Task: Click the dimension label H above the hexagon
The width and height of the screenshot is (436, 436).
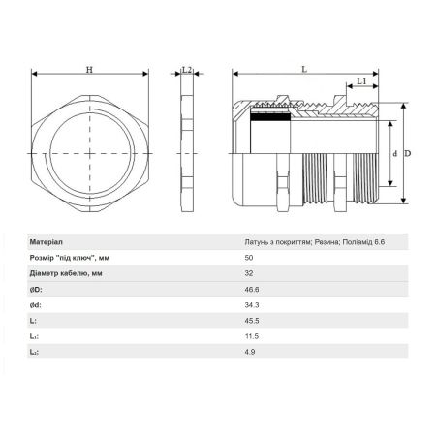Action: click(x=89, y=70)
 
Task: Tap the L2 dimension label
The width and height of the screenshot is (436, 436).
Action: click(x=187, y=70)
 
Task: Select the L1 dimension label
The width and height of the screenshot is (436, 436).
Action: click(x=361, y=81)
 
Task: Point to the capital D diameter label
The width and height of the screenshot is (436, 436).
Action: click(x=408, y=153)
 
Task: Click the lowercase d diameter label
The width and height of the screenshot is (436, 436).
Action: click(x=394, y=154)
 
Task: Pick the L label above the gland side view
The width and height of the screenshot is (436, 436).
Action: click(x=304, y=69)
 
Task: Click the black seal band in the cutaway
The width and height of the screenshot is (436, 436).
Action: click(x=270, y=116)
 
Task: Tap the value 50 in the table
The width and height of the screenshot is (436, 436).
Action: click(x=249, y=258)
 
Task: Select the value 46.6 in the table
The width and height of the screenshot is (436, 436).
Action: click(x=252, y=290)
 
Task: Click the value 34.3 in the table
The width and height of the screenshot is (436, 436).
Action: click(x=252, y=305)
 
